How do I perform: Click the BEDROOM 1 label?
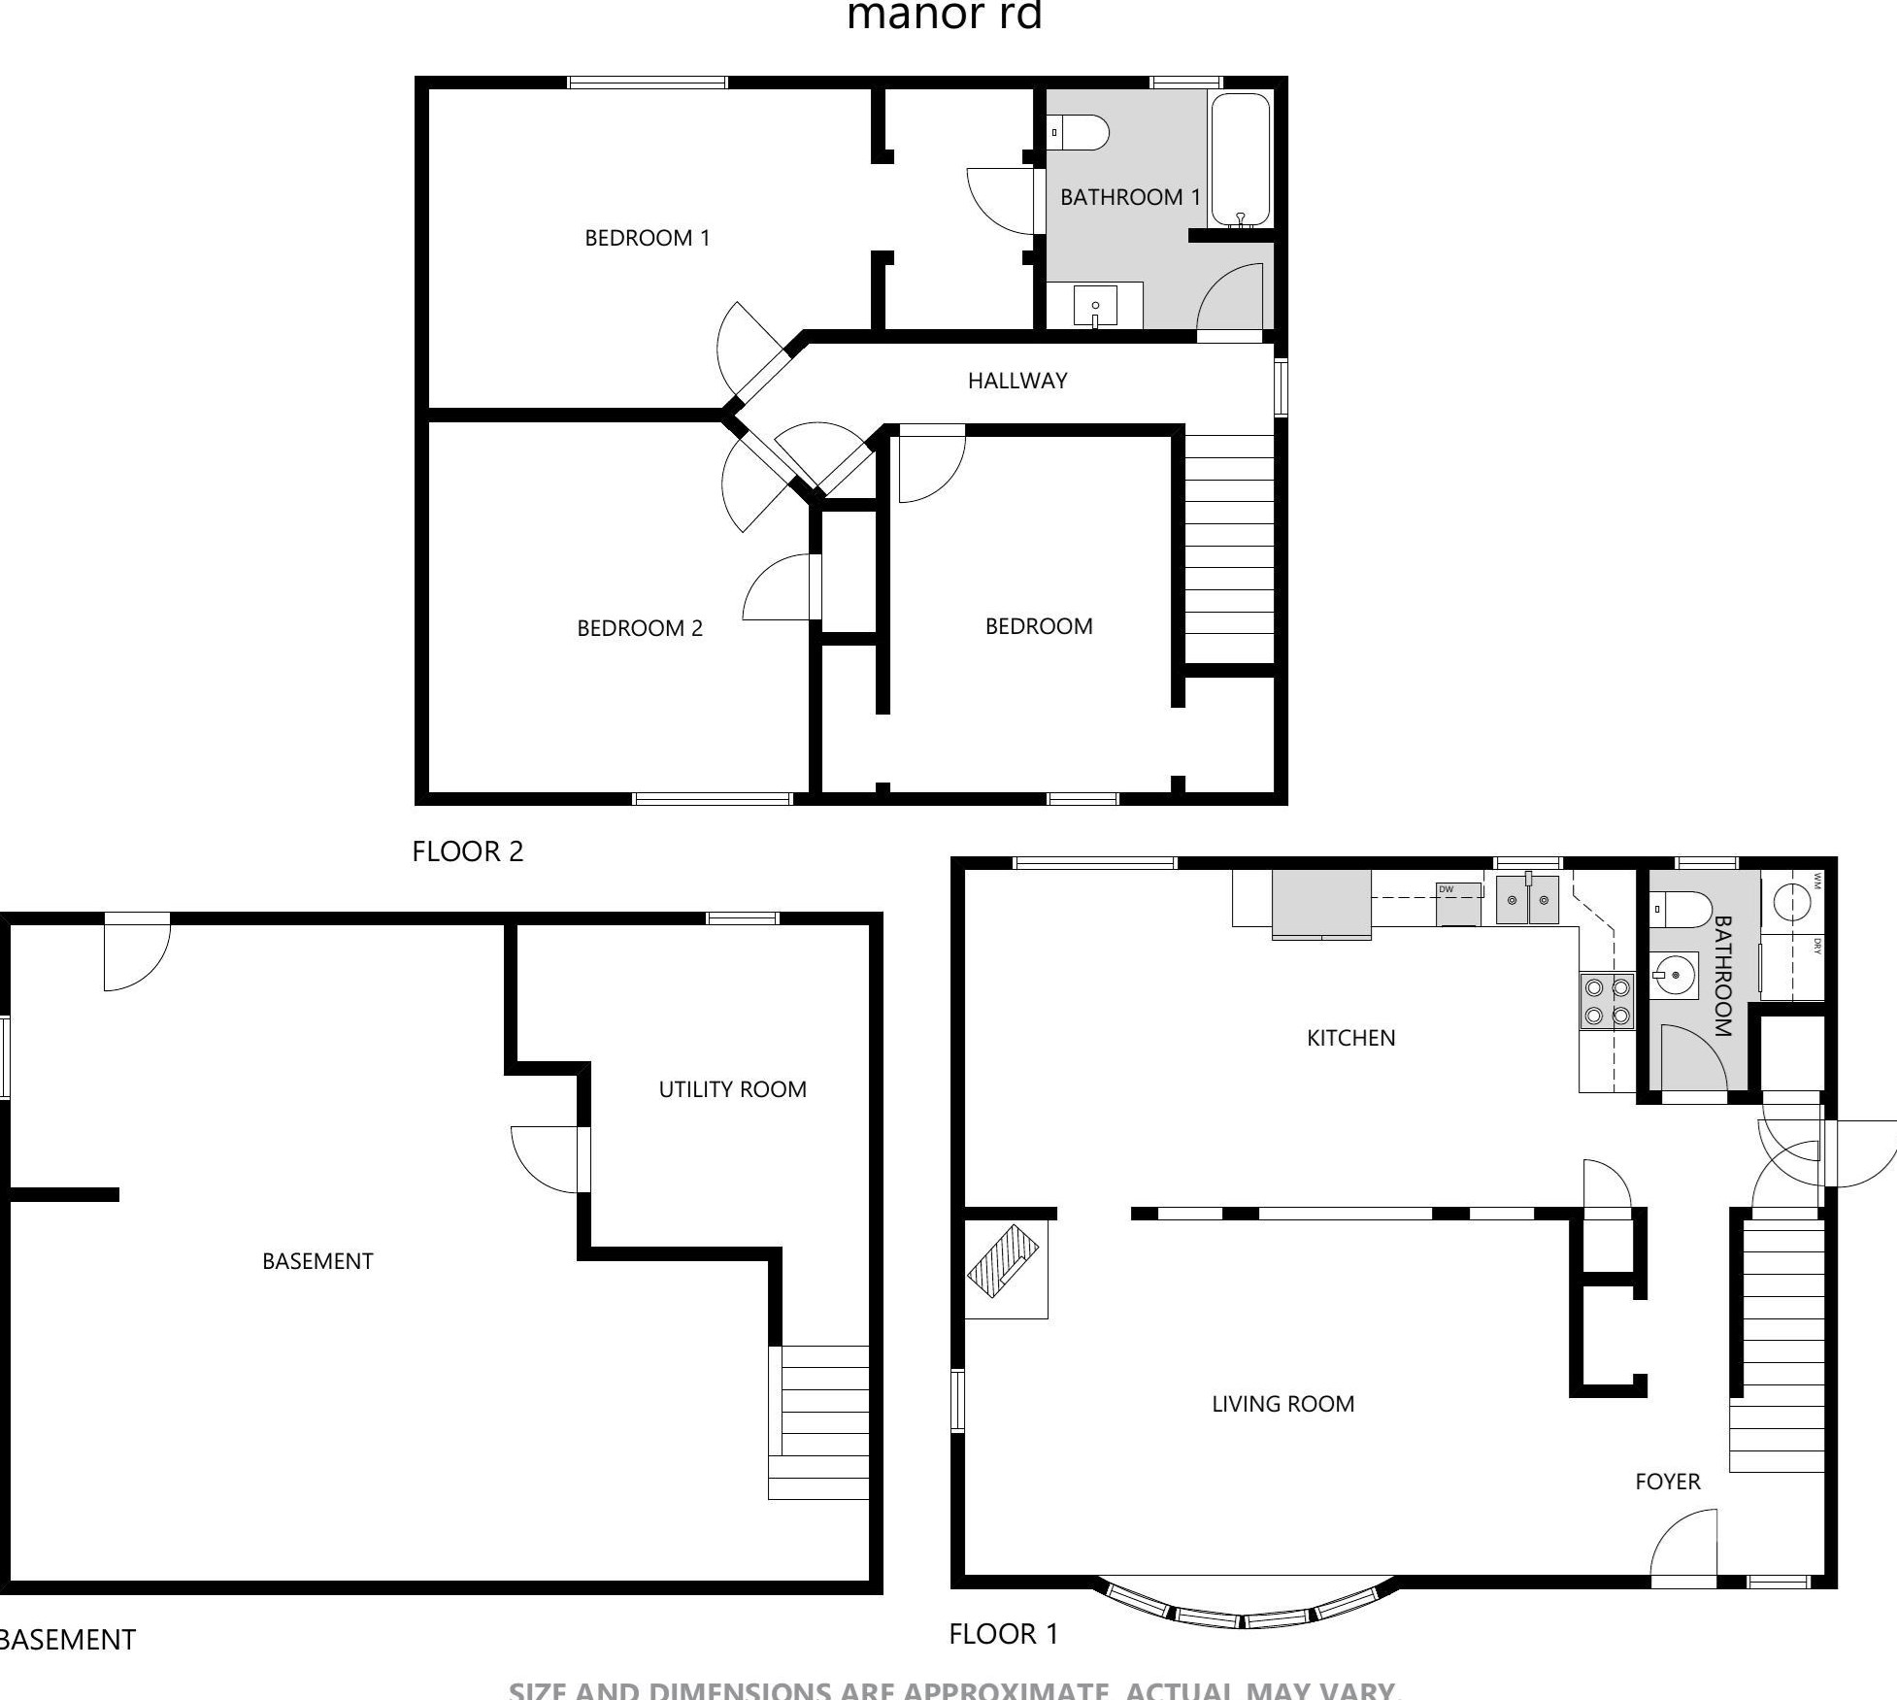(x=647, y=238)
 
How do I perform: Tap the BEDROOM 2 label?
(x=639, y=628)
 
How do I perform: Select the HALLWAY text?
(x=1016, y=381)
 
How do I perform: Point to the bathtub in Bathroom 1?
(x=1240, y=160)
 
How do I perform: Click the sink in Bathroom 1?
(x=1095, y=307)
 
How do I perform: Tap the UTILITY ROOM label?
(x=732, y=1089)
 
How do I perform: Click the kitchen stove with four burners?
(x=1606, y=1002)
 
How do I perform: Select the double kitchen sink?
(x=1527, y=900)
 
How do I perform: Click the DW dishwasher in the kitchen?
(x=1458, y=904)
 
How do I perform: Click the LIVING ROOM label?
(x=1282, y=1404)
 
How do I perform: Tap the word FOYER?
(x=1667, y=1482)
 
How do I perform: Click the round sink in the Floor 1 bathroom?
(x=1675, y=975)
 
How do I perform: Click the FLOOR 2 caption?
(x=467, y=851)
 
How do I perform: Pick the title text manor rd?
(x=944, y=17)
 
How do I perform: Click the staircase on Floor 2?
(x=1229, y=549)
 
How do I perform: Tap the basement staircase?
(x=819, y=1421)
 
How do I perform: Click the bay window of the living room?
(x=1244, y=1609)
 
